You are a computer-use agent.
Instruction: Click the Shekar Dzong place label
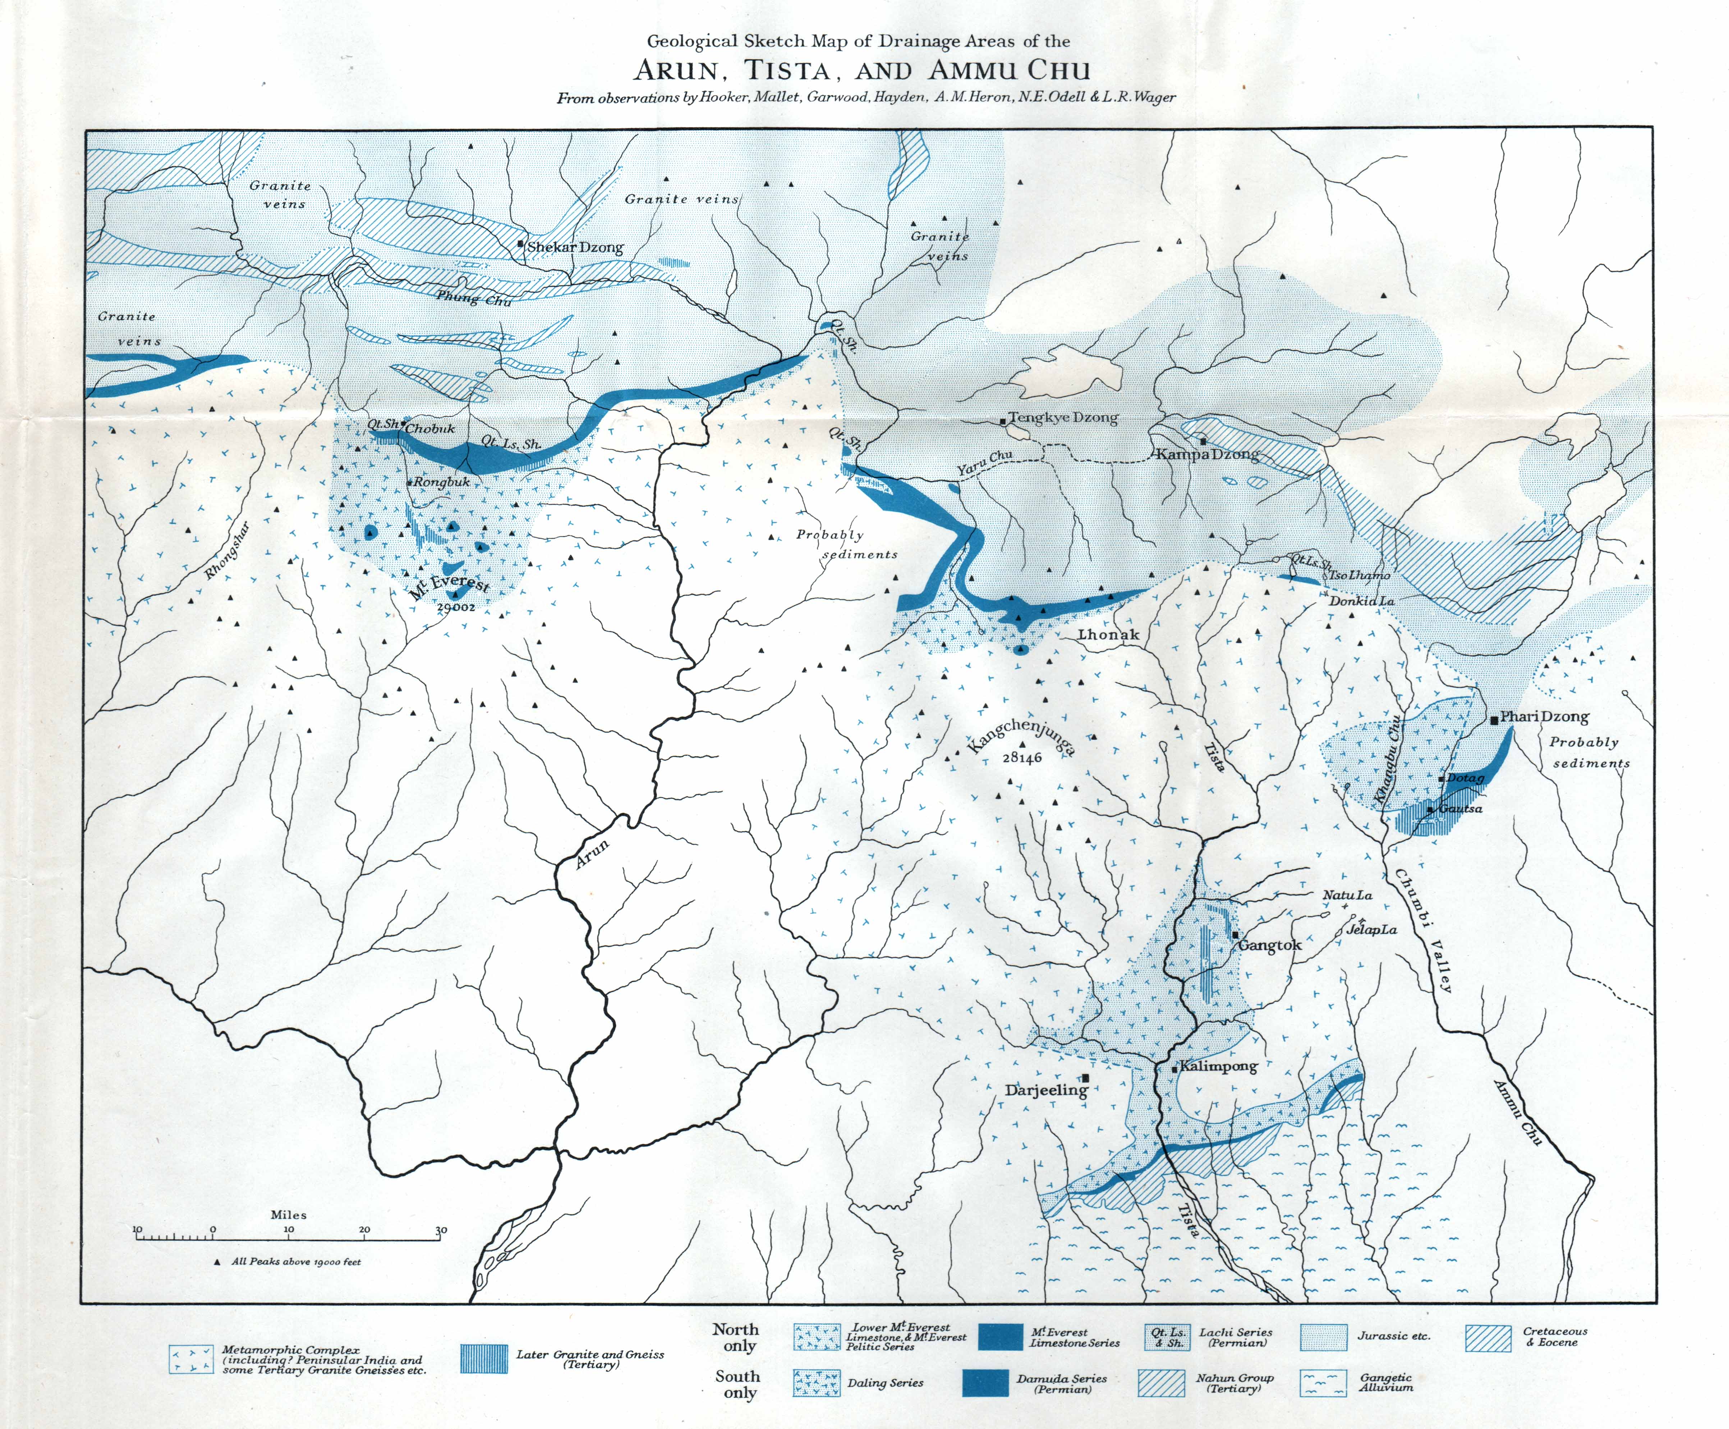tap(575, 247)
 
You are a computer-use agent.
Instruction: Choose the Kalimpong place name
tap(1219, 1067)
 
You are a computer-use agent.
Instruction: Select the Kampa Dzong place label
tap(1207, 454)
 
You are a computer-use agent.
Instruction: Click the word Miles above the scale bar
tap(288, 1214)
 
